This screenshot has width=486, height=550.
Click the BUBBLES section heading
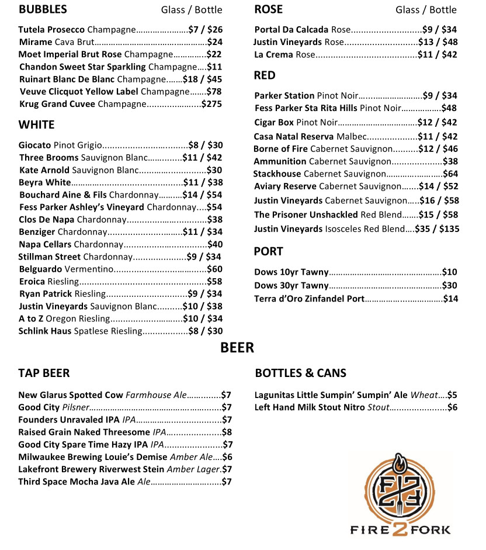pyautogui.click(x=43, y=9)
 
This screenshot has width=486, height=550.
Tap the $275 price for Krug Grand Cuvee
pyautogui.click(x=211, y=104)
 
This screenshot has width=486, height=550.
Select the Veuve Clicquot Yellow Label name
pyautogui.click(x=79, y=91)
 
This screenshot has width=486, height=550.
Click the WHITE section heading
pyautogui.click(x=36, y=124)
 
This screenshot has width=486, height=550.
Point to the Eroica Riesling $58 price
pyautogui.click(x=214, y=282)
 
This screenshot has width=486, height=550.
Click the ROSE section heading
pyautogui.click(x=268, y=9)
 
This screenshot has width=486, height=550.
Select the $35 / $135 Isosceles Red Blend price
pyautogui.click(x=437, y=229)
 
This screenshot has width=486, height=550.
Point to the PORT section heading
pyautogui.click(x=268, y=251)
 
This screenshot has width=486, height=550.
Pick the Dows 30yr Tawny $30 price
pyautogui.click(x=449, y=285)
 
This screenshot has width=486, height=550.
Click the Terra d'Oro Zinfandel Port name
pyautogui.click(x=309, y=299)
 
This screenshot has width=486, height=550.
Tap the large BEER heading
pyautogui.click(x=237, y=348)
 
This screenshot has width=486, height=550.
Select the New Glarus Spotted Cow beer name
pyautogui.click(x=71, y=395)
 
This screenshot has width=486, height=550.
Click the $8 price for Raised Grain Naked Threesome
pyautogui.click(x=227, y=432)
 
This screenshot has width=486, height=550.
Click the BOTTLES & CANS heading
pyautogui.click(x=300, y=373)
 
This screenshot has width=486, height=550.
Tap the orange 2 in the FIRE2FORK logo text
pyautogui.click(x=400, y=528)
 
